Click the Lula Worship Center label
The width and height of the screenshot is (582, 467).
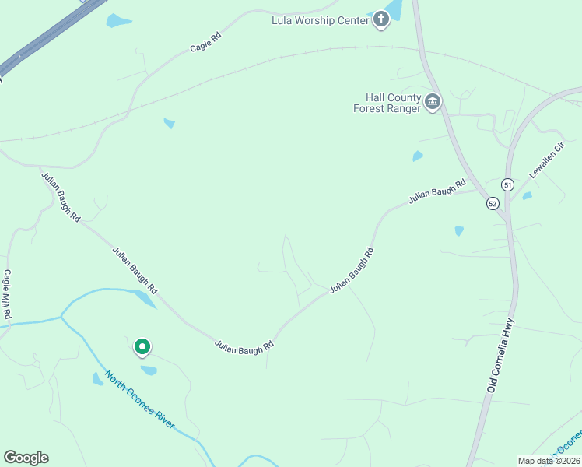point(320,20)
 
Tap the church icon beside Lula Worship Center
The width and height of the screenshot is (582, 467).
point(380,19)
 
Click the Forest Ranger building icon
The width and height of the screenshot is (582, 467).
point(432,101)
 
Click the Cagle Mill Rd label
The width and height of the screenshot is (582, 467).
point(6,294)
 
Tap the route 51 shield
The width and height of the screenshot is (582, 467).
point(507,184)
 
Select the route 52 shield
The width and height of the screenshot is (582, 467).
point(493,203)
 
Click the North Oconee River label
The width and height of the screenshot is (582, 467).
point(140,401)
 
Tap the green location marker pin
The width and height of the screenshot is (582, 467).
point(142,346)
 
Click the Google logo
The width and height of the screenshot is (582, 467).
point(26,458)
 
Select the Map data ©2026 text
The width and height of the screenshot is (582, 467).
point(549,461)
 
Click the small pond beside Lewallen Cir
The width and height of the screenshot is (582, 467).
point(527,196)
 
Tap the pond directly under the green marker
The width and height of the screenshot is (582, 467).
point(148,370)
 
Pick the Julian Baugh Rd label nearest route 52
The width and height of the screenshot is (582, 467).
point(436,191)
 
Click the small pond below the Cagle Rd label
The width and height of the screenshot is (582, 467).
point(169,123)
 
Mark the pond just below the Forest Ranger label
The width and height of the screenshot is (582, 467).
point(418,156)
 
